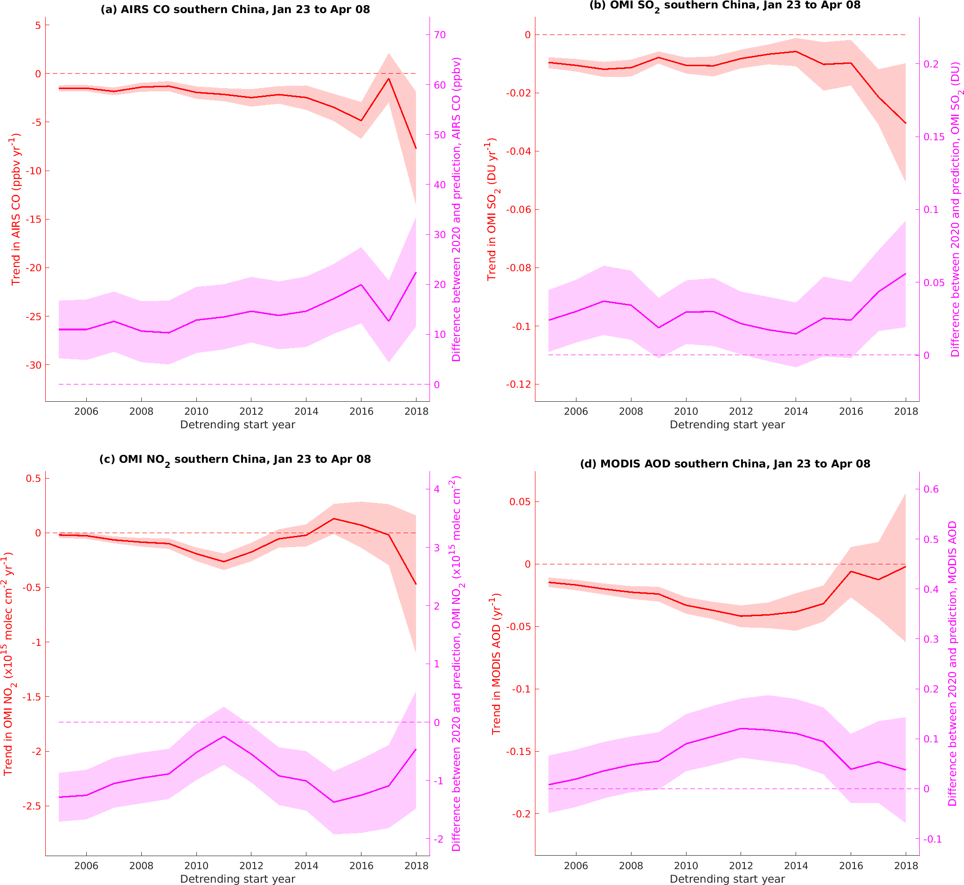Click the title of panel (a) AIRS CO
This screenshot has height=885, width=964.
(x=235, y=10)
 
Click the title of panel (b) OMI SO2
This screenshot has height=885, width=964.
(x=724, y=6)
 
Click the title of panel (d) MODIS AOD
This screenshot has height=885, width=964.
(x=725, y=464)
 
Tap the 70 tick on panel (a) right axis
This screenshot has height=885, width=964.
(x=439, y=35)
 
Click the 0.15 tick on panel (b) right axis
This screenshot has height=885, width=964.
(x=934, y=137)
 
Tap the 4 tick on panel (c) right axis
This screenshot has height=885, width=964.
(x=437, y=489)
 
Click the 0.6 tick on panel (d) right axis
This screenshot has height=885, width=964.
(x=931, y=489)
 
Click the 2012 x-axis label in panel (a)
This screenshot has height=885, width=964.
(x=251, y=412)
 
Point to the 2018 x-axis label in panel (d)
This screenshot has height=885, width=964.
(x=906, y=866)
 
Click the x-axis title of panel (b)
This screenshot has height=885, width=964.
(x=727, y=425)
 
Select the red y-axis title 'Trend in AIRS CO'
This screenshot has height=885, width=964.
(x=16, y=209)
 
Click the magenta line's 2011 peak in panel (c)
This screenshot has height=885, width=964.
(x=224, y=736)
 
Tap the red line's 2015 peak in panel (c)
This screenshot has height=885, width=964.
(x=333, y=519)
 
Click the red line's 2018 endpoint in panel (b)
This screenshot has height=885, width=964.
(x=906, y=123)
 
